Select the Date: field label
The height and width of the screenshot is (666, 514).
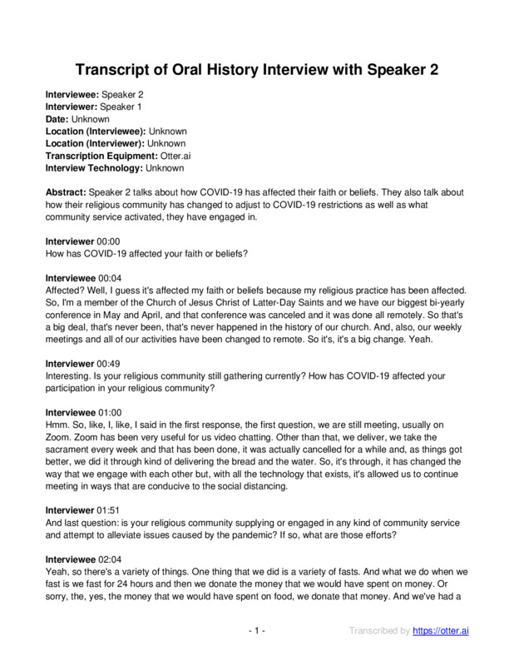tap(57, 119)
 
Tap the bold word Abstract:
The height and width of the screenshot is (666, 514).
tap(65, 191)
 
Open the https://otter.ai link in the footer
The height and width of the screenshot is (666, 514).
tap(441, 632)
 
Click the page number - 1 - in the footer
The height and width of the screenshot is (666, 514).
tap(257, 632)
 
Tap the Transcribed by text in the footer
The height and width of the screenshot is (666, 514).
tap(378, 632)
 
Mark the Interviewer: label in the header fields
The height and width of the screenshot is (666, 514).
tap(71, 107)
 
